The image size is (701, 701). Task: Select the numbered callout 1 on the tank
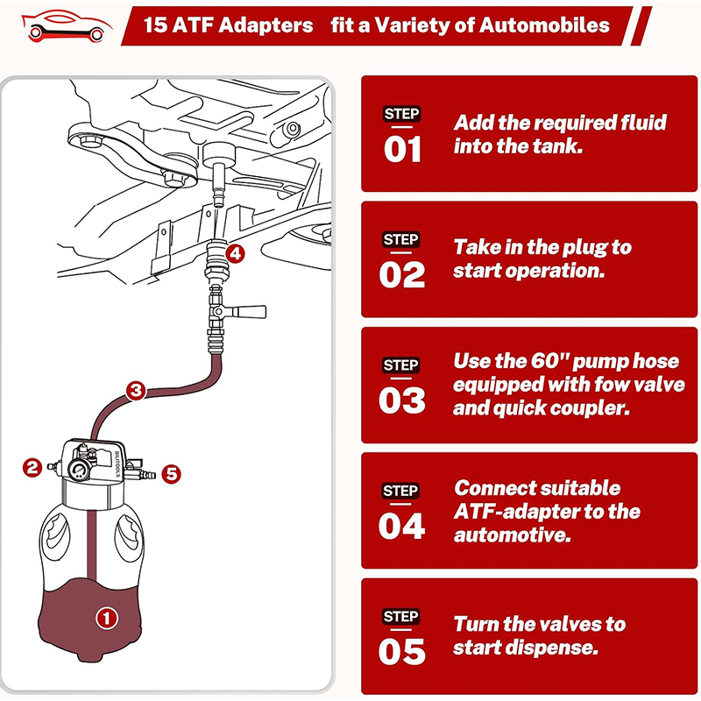pos(106,618)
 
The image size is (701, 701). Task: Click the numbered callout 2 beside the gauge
pos(32,468)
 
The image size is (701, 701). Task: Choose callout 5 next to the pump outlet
pos(172,474)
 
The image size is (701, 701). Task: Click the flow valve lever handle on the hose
pos(250,310)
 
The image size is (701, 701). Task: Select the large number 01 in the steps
pos(402,149)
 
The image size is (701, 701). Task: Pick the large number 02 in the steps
pos(402,275)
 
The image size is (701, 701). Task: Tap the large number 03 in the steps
pos(402,400)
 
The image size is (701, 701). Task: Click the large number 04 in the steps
pos(402,526)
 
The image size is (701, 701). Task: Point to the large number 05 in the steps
pos(402,652)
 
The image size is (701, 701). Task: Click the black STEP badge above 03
pos(401,365)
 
